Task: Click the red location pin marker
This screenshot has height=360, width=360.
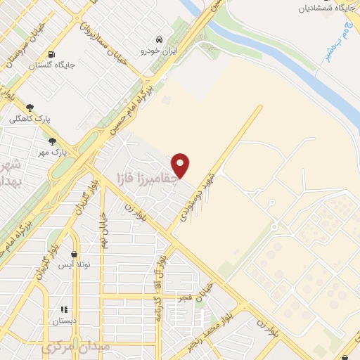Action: pos(181,165)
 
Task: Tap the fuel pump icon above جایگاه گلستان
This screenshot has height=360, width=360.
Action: pos(52,55)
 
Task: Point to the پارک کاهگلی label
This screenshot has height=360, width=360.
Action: pos(26,119)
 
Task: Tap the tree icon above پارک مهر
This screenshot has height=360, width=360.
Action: pos(53,141)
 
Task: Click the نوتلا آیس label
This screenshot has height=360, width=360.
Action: pos(75,264)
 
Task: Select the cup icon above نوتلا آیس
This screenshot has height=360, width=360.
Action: pos(75,254)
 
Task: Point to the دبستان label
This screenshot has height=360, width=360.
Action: pos(65,321)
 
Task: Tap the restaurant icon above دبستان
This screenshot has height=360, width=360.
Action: pos(64,309)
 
